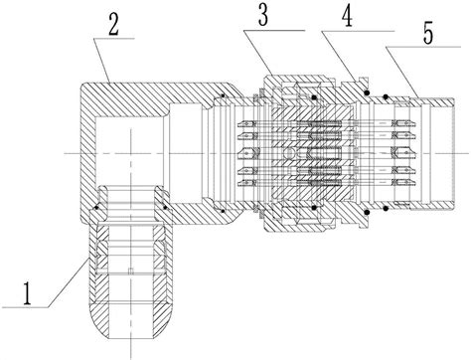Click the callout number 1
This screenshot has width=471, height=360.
point(27,293)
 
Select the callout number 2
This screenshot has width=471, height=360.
point(113,23)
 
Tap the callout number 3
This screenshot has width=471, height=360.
point(263,15)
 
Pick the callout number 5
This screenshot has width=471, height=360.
point(428,33)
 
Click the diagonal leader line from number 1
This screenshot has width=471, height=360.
point(68,282)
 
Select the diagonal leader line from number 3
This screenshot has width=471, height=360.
point(258,53)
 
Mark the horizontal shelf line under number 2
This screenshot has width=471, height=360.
point(114,39)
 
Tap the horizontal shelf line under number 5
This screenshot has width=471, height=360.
point(422,47)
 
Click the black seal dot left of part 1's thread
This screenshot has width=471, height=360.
point(96,208)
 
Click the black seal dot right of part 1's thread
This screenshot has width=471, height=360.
point(165,208)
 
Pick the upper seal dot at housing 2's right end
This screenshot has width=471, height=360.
point(224,96)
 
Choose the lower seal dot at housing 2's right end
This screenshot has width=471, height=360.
point(223,211)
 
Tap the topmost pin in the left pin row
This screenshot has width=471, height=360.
point(247,124)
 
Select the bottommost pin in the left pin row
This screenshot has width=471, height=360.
point(247,183)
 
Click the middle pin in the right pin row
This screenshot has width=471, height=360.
point(403,153)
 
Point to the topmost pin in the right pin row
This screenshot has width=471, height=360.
point(403,124)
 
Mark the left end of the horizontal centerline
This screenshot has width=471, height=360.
point(65,153)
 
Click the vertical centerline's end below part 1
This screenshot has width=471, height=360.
point(131,358)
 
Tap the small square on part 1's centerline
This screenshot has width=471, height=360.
point(131,271)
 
